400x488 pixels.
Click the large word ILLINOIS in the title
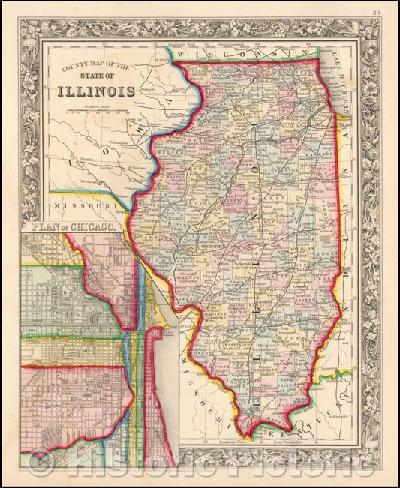tap(93, 91)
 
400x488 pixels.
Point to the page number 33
tap(386, 10)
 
